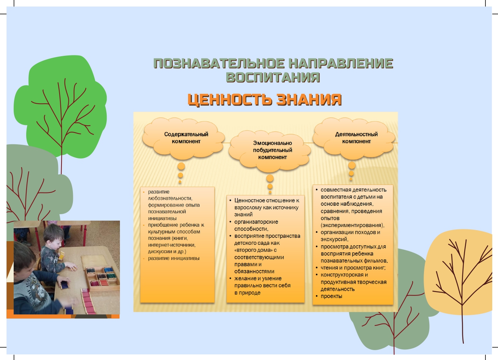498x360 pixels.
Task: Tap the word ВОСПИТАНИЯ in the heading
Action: pos(273,77)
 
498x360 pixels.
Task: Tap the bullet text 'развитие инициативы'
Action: pos(173,258)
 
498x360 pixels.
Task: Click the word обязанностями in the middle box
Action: pos(254,272)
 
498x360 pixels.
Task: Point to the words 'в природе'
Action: pos(247,293)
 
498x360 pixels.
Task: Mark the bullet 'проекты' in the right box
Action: pos(331,296)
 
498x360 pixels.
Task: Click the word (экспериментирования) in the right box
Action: pos(352,225)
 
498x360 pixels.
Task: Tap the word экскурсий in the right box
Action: pos(334,239)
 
